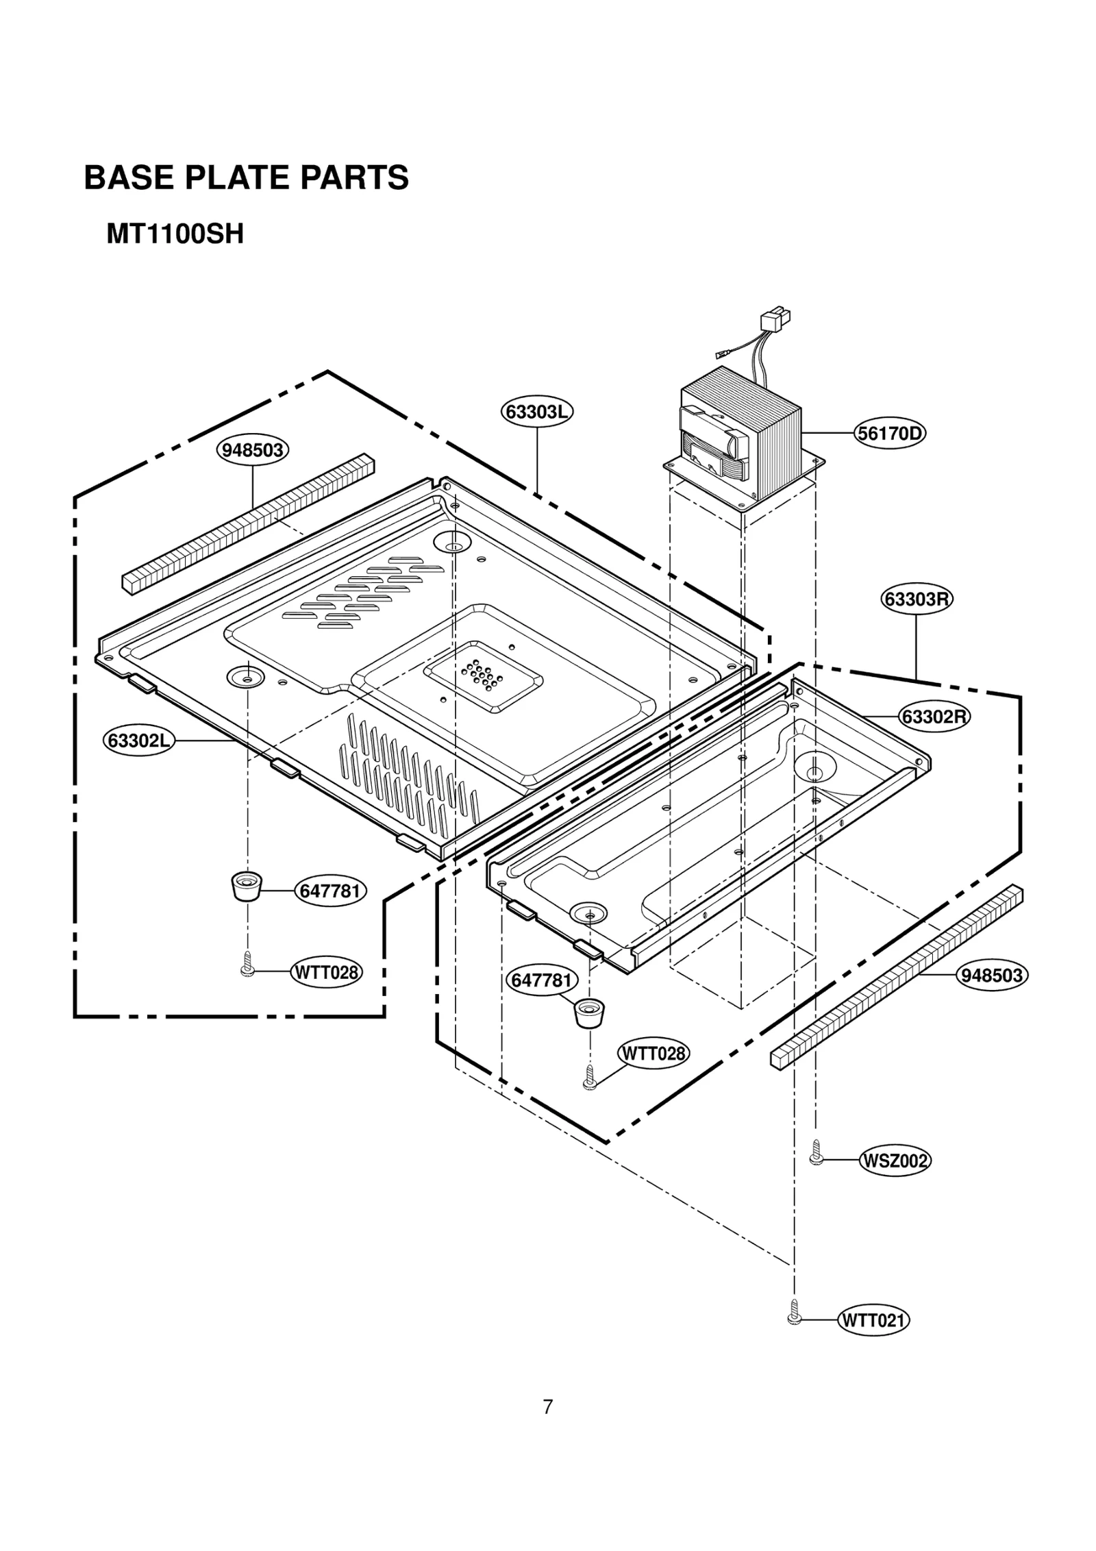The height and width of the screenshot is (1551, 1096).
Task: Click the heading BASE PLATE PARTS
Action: [246, 177]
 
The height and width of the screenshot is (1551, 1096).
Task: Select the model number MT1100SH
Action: [175, 235]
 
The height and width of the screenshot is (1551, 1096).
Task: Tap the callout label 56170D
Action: [890, 434]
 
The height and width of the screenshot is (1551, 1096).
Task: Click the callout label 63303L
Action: [536, 412]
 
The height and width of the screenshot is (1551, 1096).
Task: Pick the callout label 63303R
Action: [917, 599]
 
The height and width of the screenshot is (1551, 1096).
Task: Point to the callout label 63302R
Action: [934, 717]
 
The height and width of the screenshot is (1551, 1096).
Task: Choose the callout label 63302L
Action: [140, 741]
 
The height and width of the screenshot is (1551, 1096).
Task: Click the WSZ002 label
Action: [895, 1161]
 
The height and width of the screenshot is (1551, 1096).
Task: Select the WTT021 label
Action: [873, 1320]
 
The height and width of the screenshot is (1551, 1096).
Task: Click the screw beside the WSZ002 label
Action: [816, 1153]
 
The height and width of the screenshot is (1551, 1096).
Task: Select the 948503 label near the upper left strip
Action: [253, 450]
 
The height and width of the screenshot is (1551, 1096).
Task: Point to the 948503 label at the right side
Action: [992, 975]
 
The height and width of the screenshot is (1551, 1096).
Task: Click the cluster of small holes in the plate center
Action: [482, 675]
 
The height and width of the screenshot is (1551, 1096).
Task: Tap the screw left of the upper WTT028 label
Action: [248, 964]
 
